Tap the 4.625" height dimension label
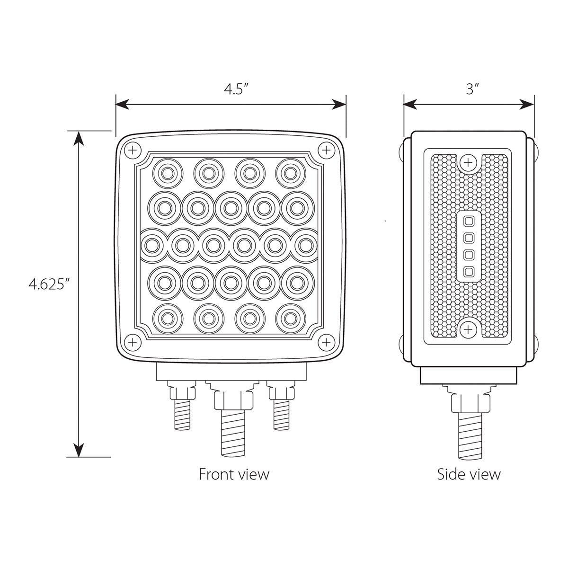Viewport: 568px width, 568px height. tap(49, 284)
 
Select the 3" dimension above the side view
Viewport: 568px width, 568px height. tap(472, 89)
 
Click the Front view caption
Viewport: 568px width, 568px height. tap(234, 474)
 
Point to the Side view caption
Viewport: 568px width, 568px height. tap(469, 474)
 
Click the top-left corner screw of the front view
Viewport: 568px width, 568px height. tap(133, 151)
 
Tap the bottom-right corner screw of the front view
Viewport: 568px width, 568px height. tap(326, 342)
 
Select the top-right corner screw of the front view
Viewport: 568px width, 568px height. tap(326, 151)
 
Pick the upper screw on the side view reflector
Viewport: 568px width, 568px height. tap(468, 162)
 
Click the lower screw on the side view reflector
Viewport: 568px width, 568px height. tap(468, 329)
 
